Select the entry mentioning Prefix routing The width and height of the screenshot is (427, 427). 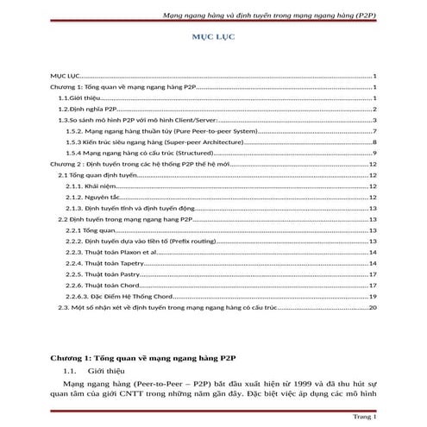(x=129, y=242)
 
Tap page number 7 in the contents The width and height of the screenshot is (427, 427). (x=374, y=131)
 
